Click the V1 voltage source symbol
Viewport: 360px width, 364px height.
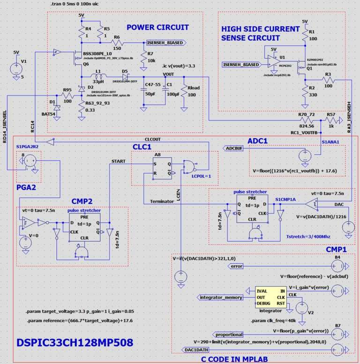[x=17, y=69]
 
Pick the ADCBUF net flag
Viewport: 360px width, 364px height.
[x=234, y=149]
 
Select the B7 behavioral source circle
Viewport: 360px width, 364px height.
[x=337, y=334]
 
